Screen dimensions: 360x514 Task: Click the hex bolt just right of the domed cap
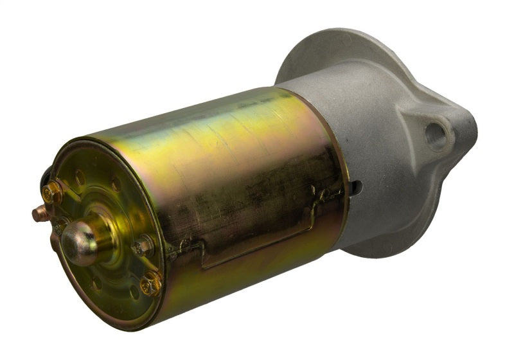(143, 246)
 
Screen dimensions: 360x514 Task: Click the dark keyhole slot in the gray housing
(355, 188)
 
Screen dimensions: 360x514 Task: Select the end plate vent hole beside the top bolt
(80, 178)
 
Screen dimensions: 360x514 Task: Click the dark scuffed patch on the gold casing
(257, 193)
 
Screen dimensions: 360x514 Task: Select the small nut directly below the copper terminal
(59, 226)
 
